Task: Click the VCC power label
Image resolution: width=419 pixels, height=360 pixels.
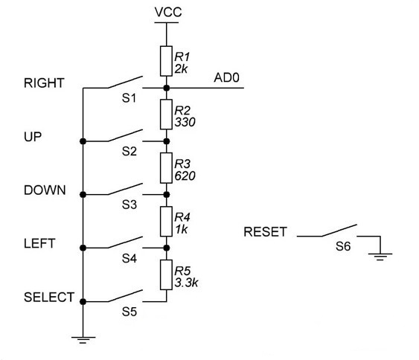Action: pyautogui.click(x=168, y=13)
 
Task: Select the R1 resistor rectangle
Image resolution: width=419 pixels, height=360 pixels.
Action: pyautogui.click(x=166, y=61)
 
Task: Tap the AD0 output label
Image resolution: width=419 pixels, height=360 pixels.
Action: pyautogui.click(x=226, y=77)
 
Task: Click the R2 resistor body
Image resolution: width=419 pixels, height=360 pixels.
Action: pyautogui.click(x=166, y=115)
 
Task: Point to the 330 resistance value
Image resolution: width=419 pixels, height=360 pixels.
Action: pyautogui.click(x=185, y=122)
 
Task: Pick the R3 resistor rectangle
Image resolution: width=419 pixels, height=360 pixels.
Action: pyautogui.click(x=166, y=168)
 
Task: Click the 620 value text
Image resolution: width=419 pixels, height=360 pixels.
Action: pyautogui.click(x=185, y=176)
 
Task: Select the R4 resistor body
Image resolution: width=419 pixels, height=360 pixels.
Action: pyautogui.click(x=166, y=222)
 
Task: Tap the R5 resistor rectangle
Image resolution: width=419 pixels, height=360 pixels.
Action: pyautogui.click(x=166, y=274)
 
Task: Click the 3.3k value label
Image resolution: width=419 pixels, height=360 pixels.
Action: pyautogui.click(x=186, y=283)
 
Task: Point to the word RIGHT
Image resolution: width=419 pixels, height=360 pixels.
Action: pyautogui.click(x=44, y=83)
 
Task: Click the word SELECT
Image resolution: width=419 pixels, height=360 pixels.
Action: pyautogui.click(x=49, y=298)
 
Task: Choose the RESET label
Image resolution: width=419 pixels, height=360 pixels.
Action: pyautogui.click(x=266, y=232)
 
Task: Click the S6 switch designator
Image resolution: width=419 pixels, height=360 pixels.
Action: pyautogui.click(x=343, y=246)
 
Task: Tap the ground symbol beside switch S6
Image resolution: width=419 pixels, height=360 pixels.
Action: pyautogui.click(x=380, y=257)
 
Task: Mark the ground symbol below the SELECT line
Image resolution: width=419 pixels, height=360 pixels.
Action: pyautogui.click(x=83, y=340)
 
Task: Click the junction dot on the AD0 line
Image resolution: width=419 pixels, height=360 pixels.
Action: pyautogui.click(x=167, y=88)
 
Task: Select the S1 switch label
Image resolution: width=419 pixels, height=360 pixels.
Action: pyautogui.click(x=129, y=98)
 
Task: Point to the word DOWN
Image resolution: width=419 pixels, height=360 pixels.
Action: pyautogui.click(x=45, y=190)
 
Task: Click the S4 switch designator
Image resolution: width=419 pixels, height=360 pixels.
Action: pyautogui.click(x=129, y=258)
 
